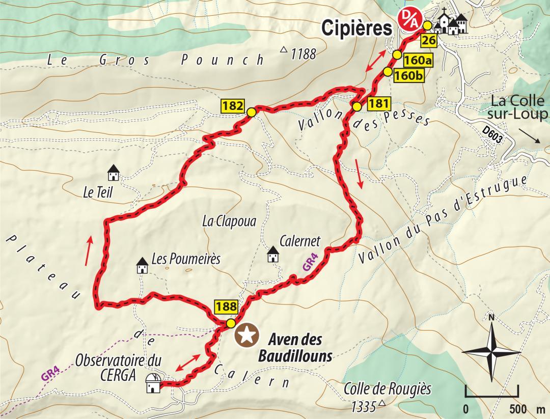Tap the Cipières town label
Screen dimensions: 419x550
pos(357,29)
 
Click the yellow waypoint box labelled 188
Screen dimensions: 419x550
pos(226,306)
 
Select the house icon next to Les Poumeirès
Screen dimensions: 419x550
pos(142,266)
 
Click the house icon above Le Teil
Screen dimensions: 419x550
pos(113,173)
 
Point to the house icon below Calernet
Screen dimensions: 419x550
pos(273,254)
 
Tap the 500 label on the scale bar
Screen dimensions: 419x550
pos(517,409)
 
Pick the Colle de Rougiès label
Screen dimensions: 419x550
pos(387,389)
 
